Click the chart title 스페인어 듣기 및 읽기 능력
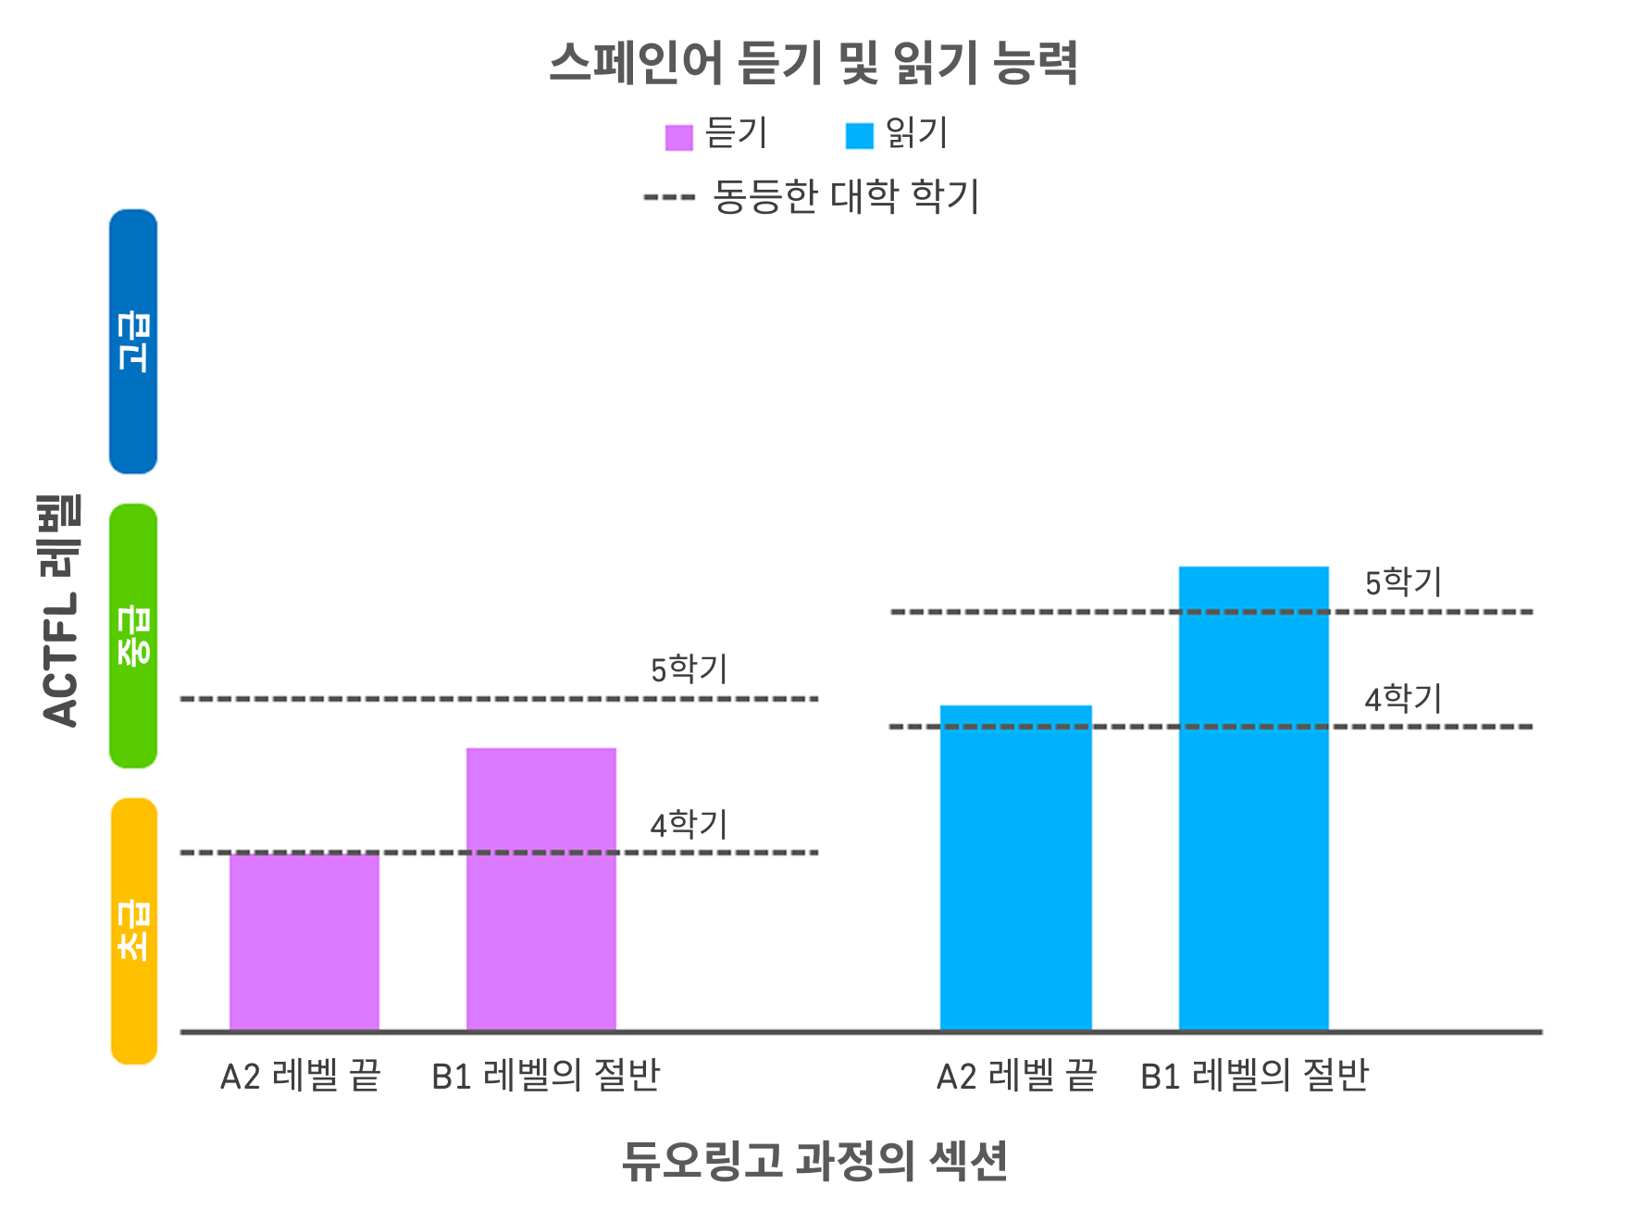pyautogui.click(x=813, y=64)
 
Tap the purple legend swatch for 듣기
pyautogui.click(x=678, y=137)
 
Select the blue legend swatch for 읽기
pyautogui.click(x=859, y=136)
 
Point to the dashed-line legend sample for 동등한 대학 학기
pyautogui.click(x=669, y=197)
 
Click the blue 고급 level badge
pyautogui.click(x=133, y=342)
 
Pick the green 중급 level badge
pyautogui.click(x=133, y=635)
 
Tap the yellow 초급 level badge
pyautogui.click(x=134, y=930)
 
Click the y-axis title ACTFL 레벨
pyautogui.click(x=61, y=611)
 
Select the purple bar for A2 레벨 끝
pyautogui.click(x=304, y=941)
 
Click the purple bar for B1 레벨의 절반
pyautogui.click(x=540, y=889)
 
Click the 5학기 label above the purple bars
pyautogui.click(x=689, y=668)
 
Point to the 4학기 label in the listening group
pyautogui.click(x=689, y=824)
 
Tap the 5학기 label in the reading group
pyautogui.click(x=1403, y=582)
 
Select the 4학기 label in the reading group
pyautogui.click(x=1403, y=699)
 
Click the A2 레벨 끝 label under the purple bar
pyautogui.click(x=300, y=1076)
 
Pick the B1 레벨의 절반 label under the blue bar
pyautogui.click(x=1254, y=1076)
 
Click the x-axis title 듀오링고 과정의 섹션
pyautogui.click(x=813, y=1160)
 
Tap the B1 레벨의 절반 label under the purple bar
pyautogui.click(x=545, y=1076)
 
